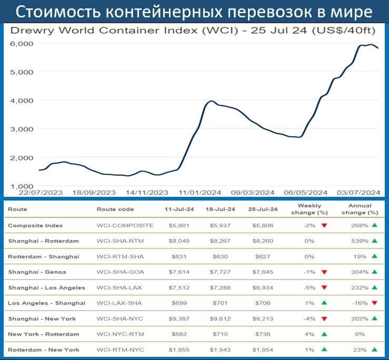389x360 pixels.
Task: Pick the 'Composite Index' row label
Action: click(35, 225)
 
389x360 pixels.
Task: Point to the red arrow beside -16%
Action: click(374, 303)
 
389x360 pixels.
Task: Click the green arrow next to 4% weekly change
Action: click(324, 334)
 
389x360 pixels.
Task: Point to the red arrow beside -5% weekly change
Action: click(324, 288)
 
